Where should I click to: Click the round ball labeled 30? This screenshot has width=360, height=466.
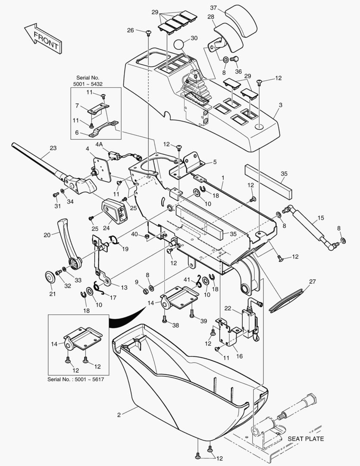click(x=179, y=44)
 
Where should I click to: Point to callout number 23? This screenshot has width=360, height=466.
click(x=53, y=148)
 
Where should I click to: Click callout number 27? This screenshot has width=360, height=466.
click(x=312, y=282)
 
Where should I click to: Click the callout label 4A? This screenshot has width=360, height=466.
click(x=99, y=144)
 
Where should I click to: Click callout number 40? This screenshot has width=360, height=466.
click(x=135, y=234)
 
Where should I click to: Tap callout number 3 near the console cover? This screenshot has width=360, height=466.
click(x=281, y=104)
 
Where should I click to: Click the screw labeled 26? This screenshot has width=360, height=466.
click(x=149, y=33)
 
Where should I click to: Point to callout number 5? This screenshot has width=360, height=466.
click(x=215, y=162)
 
